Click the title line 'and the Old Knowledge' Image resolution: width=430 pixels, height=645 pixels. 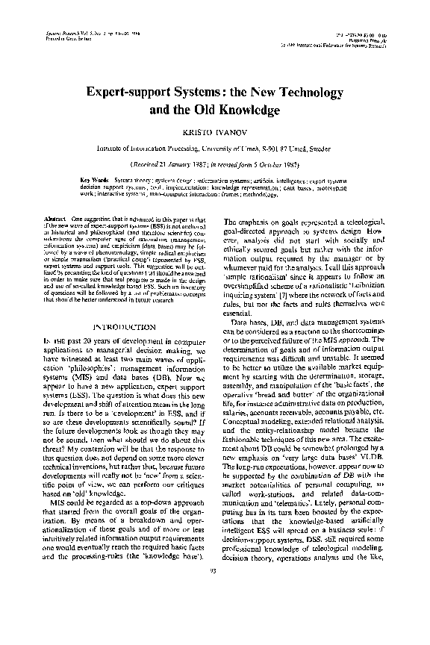coord(215,110)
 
